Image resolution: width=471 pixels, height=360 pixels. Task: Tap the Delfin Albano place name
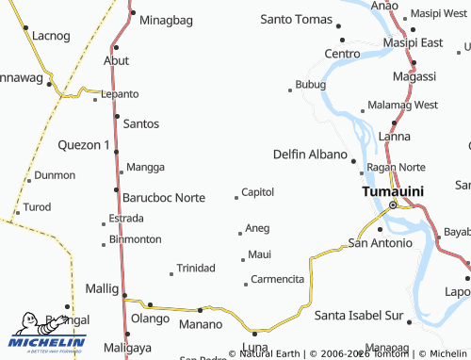pyautogui.click(x=310, y=154)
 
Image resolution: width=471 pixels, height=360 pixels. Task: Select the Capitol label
pyautogui.click(x=257, y=192)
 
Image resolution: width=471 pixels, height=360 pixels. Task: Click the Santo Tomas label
pyautogui.click(x=297, y=19)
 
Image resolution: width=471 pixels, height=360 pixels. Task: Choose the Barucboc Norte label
pyautogui.click(x=163, y=198)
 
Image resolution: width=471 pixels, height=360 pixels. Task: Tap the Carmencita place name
pyautogui.click(x=278, y=280)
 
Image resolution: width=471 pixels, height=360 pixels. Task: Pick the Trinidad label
pyautogui.click(x=196, y=269)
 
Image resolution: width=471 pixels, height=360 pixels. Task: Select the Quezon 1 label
pyautogui.click(x=85, y=145)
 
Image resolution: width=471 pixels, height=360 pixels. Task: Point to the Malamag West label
pyautogui.click(x=404, y=105)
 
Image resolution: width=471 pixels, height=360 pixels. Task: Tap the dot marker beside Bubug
pyautogui.click(x=290, y=90)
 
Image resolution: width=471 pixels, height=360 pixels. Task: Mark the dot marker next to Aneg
pyautogui.click(x=239, y=233)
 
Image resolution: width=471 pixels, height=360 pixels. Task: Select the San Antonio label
pyautogui.click(x=380, y=243)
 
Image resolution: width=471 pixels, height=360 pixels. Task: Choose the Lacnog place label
pyautogui.click(x=51, y=36)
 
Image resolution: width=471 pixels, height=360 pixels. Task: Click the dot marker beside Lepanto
pyautogui.click(x=94, y=98)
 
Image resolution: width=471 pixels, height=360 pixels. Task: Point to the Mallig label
pyautogui.click(x=103, y=288)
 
